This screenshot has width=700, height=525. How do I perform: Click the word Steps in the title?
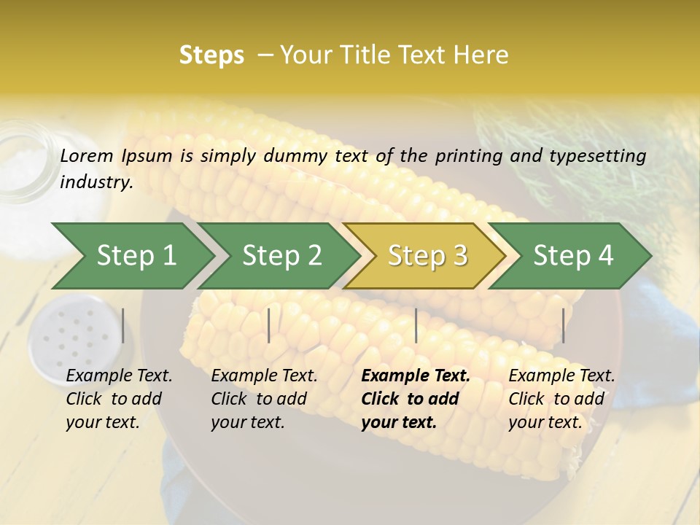point(211,55)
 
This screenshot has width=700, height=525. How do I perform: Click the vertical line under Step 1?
point(123,325)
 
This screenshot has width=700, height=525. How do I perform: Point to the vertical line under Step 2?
point(269,325)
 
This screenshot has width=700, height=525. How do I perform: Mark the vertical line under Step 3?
point(416,325)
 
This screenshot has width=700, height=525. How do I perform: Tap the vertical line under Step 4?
point(563,325)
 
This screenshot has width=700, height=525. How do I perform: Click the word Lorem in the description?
point(87,155)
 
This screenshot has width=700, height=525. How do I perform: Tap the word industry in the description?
point(96,182)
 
